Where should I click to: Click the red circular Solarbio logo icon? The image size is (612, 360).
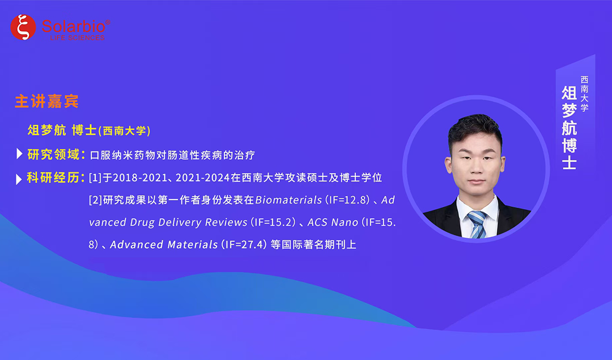pos(23,27)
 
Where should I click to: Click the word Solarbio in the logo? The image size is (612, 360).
pos(73,26)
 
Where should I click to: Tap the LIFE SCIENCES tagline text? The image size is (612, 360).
pos(77,38)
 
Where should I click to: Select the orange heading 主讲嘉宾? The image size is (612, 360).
pos(47,101)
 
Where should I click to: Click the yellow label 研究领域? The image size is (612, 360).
pos(53,154)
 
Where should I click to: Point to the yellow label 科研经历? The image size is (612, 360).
pos(53,177)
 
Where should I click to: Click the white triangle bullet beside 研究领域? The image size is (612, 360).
pos(19,154)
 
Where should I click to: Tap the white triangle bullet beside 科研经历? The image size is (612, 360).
pos(18,179)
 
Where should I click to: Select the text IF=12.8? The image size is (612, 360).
pos(346,200)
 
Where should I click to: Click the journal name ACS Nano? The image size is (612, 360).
pos(333,222)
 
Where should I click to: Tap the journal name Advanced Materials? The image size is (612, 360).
pos(164,244)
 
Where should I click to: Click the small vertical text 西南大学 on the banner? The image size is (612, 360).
pos(584,94)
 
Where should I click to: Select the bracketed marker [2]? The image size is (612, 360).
pos(95,200)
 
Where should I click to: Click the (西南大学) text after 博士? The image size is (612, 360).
pos(124,131)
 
